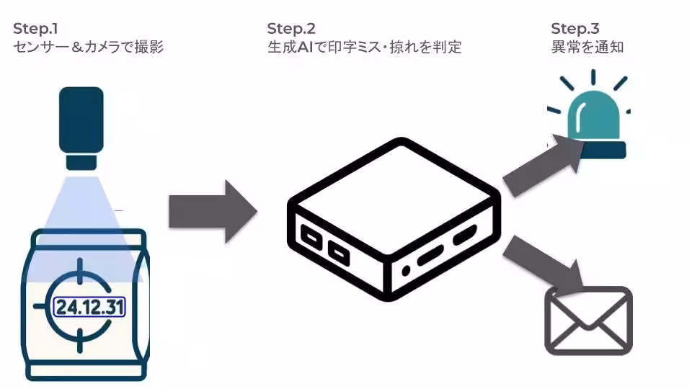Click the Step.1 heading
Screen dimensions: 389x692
click(x=36, y=29)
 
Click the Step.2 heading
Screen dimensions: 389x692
click(x=291, y=29)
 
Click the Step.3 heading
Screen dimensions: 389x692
click(x=575, y=29)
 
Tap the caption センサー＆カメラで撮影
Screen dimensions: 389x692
click(x=88, y=48)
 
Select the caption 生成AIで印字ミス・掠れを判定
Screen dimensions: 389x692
click(x=364, y=48)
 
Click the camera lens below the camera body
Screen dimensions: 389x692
click(x=81, y=161)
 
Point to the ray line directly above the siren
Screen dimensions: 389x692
click(x=593, y=78)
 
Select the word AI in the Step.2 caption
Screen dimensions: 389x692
click(x=309, y=48)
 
